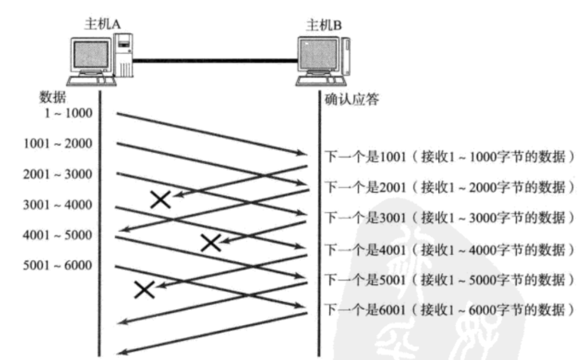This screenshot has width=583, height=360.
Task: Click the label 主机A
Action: [102, 23]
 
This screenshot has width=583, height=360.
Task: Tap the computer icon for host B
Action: [323, 59]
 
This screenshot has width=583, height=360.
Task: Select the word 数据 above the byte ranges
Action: [53, 98]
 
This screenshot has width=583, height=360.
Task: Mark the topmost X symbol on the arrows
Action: [160, 199]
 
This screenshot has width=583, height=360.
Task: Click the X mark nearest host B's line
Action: [211, 242]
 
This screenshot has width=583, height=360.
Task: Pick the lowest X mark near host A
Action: [144, 289]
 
